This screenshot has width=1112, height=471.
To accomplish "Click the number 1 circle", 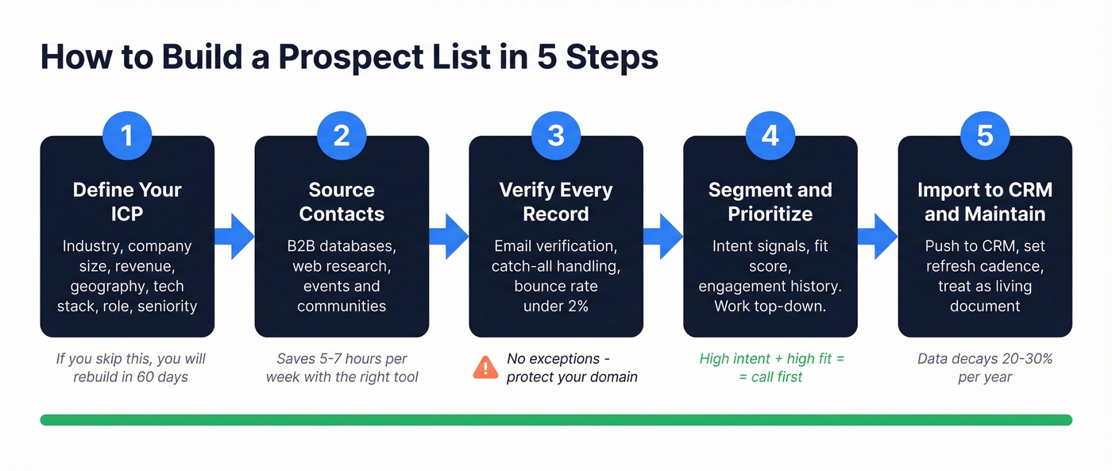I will coord(127,135).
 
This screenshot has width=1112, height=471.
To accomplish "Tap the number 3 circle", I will coord(556,135).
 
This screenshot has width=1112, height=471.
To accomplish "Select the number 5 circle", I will coord(985,135).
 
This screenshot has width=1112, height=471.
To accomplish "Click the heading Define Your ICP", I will coord(127,202).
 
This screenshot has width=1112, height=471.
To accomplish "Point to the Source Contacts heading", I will coord(342,202).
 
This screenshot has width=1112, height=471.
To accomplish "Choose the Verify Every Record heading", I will coord(556,202).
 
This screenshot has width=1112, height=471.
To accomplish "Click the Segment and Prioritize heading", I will coord(770,202).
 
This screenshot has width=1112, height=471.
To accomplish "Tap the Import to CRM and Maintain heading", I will coord(985,202).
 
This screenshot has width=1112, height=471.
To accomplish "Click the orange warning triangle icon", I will coord(485,367).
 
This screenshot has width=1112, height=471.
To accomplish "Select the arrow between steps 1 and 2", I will coord(234,236).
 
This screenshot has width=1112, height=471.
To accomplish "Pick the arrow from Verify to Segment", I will coord(663,236).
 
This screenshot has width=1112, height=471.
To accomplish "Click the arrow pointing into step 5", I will coord(878,236).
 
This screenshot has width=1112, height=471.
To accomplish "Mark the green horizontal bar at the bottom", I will coord(556,419).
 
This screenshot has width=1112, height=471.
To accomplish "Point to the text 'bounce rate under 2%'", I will coord(556,295).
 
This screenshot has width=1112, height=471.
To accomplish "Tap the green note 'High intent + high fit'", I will coord(771,359).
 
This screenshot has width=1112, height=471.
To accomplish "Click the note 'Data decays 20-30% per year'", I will coord(985,368).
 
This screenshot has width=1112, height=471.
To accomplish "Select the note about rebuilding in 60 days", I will coord(130,368).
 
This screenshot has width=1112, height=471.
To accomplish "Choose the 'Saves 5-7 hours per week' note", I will coord(342,368).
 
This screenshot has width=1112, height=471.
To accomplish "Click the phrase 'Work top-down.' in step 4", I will coord(770,306).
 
